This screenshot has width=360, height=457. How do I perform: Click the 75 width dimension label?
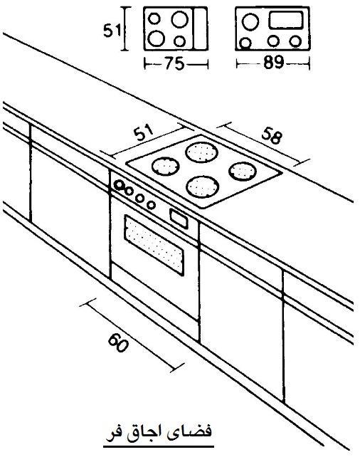[x=175, y=63]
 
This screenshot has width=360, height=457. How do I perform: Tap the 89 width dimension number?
[x=273, y=63]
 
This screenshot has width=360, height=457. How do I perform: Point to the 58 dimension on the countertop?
[x=272, y=135]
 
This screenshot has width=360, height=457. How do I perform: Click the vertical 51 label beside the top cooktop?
[x=112, y=30]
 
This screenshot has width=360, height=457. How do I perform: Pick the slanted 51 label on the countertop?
[x=144, y=132]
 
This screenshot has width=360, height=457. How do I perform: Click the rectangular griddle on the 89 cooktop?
[x=286, y=20]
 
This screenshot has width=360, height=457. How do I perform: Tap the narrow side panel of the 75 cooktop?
[x=201, y=28]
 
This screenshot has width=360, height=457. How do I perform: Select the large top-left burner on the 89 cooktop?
[x=250, y=22]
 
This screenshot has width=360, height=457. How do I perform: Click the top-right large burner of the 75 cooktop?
[x=179, y=19]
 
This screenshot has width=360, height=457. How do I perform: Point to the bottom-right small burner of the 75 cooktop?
[x=179, y=41]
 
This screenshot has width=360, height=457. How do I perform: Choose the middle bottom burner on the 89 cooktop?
[x=273, y=41]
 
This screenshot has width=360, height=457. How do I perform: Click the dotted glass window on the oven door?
[x=154, y=245]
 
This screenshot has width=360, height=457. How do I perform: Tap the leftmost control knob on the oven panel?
[x=119, y=185]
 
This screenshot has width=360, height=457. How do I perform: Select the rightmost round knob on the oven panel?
[x=151, y=205]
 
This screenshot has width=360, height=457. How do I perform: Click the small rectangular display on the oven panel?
[x=179, y=219]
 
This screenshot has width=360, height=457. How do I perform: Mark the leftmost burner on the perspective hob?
[x=165, y=167]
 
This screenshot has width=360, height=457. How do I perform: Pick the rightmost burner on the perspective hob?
[x=243, y=171]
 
